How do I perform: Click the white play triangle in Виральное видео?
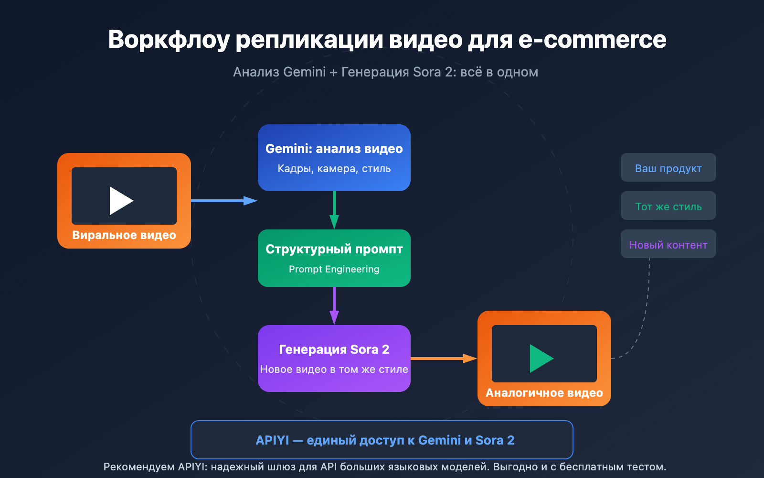[x=120, y=201]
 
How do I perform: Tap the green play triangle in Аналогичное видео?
[x=540, y=358]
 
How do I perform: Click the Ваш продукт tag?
[x=668, y=168]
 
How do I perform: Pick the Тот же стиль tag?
[x=668, y=206]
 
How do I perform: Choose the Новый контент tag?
[x=668, y=244]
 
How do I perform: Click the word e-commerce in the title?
[x=592, y=40]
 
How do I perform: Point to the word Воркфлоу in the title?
[x=169, y=40]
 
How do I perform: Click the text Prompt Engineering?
[x=334, y=269]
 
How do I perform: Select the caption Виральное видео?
[x=124, y=235]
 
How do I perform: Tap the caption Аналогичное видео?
[x=544, y=393]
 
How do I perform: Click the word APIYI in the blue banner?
[x=272, y=440]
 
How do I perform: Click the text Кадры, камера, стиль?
[x=334, y=169]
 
